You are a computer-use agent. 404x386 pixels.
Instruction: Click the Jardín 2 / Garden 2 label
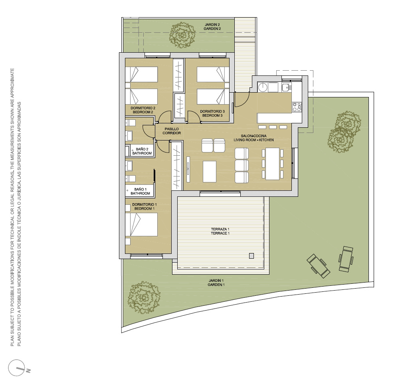point(212,27)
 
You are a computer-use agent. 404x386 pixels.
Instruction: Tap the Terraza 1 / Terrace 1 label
point(220,231)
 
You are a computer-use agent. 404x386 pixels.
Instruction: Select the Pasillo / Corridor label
point(172,131)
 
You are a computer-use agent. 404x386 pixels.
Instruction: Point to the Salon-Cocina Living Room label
point(253,138)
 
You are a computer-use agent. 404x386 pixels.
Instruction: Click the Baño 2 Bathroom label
point(142,151)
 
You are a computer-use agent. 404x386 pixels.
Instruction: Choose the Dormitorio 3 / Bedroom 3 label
point(212,113)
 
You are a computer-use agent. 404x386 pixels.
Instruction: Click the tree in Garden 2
point(183,35)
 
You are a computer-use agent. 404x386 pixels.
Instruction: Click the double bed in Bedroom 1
point(141,224)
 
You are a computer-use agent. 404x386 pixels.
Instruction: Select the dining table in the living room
point(272,164)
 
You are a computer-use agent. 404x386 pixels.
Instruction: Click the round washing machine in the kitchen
point(263,87)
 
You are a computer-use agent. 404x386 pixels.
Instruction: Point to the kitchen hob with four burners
point(297,107)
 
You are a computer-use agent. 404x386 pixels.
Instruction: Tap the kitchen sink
point(285,87)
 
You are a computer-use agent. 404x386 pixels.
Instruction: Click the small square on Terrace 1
point(252,256)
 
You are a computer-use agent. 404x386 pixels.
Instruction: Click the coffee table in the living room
point(210,172)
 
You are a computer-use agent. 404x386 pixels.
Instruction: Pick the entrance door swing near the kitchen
point(242,99)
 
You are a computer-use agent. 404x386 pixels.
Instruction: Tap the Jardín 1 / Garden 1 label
point(216,283)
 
